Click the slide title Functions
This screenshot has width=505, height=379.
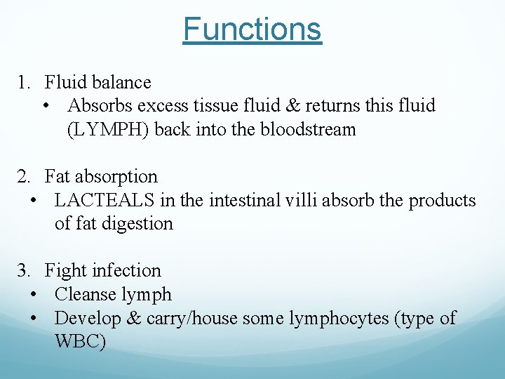pos(252,29)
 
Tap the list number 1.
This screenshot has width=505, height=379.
pos(23,83)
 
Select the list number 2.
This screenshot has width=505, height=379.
pos(23,177)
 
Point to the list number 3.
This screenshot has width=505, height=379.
pos(23,271)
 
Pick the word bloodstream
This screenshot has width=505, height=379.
pos(308,130)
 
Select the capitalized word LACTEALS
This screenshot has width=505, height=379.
pos(105,201)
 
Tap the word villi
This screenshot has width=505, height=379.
pos(302,201)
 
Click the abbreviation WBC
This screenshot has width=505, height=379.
pos(80,343)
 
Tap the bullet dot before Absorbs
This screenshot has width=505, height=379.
pos(46,107)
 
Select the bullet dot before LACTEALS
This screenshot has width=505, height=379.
pos(34,201)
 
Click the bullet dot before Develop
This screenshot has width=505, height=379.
pos(34,319)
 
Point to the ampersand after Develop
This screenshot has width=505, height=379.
pos(133,319)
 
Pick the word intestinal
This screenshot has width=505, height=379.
pos(241,201)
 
